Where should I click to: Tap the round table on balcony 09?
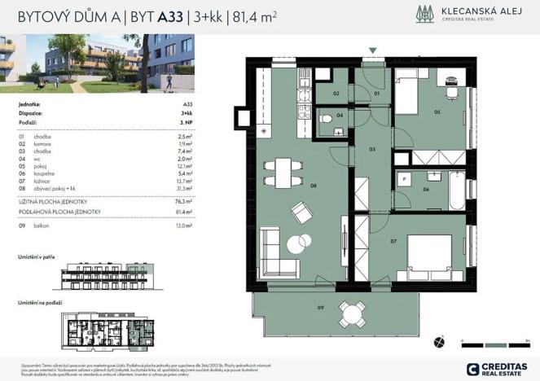tap(351, 312)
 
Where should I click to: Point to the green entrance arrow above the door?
tap(372, 51)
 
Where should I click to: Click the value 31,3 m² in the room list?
tap(185, 187)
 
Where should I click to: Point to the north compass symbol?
tap(441, 341)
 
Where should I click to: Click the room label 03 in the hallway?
tap(371, 150)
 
